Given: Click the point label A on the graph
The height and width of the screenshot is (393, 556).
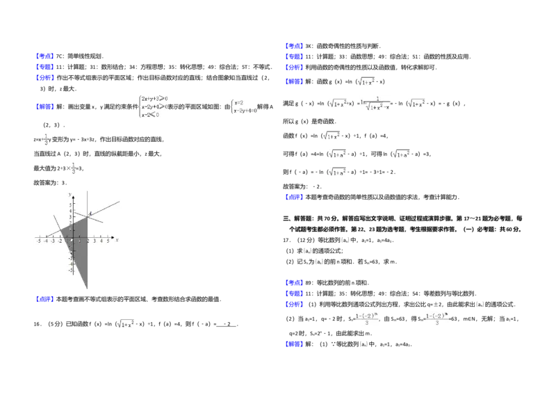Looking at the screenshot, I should [x=90, y=214].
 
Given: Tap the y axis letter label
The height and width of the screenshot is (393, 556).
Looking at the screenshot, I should [x=69, y=194].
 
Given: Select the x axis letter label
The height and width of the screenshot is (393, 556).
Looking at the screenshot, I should [x=117, y=239].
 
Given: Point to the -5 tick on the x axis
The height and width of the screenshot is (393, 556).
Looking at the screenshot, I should [x=39, y=241].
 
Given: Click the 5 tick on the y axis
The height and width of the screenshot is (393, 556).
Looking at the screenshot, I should [x=70, y=204].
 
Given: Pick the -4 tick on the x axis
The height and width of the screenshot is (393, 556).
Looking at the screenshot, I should [x=46, y=241].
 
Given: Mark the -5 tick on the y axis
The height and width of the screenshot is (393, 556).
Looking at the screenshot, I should [x=70, y=271].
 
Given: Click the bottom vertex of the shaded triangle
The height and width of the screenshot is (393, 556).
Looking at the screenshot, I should [x=87, y=288].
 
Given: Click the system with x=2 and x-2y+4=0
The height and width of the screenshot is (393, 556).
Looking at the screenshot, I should [x=245, y=106].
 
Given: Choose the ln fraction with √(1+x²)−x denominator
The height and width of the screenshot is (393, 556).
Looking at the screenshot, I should [x=375, y=103].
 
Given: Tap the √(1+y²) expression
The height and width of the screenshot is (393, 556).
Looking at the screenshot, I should [x=366, y=81].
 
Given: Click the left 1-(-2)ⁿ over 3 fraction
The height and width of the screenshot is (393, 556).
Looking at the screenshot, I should [x=366, y=318].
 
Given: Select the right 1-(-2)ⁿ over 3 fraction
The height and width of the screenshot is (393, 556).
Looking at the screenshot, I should [x=436, y=318].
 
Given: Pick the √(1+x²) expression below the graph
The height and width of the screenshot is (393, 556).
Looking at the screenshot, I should [x=127, y=323].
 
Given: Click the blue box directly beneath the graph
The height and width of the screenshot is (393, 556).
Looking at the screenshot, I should [x=44, y=300].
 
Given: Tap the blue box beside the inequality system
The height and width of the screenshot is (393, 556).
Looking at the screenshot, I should [x=44, y=106].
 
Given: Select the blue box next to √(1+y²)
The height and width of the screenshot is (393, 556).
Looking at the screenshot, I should [x=294, y=83].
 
